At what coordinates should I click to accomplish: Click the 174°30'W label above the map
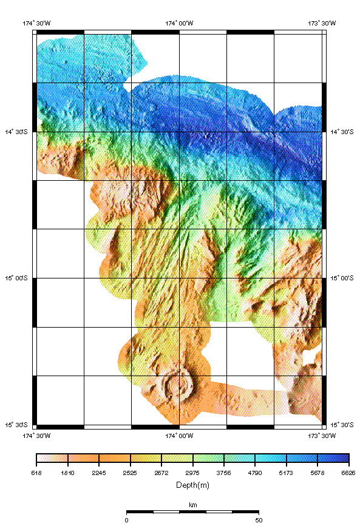tap(36, 23)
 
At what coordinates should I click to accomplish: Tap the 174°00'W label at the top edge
tap(179, 23)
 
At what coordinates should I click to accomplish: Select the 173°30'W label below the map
tap(322, 435)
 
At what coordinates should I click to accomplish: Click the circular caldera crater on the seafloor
tap(178, 384)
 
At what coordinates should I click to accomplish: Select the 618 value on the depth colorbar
tap(36, 472)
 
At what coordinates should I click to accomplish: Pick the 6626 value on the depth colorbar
tap(348, 472)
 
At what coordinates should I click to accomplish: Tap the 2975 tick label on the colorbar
tap(192, 472)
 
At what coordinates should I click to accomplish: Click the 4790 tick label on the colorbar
tap(255, 472)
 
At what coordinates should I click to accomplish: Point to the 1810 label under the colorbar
tap(68, 472)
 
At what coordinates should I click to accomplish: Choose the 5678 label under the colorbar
tap(318, 472)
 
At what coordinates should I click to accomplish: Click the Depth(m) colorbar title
tap(192, 485)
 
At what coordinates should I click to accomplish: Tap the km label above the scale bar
tap(192, 505)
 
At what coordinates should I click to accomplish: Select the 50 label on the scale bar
tap(259, 520)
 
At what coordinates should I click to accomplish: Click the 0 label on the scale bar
tap(126, 520)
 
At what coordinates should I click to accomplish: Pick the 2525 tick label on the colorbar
tap(131, 472)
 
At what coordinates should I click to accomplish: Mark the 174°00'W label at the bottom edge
tap(179, 435)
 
